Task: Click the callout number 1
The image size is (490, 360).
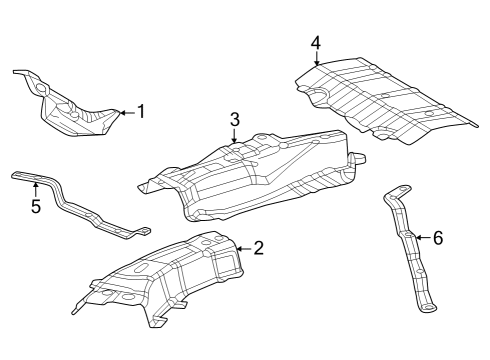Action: [x=142, y=111]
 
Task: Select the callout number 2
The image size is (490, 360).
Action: [x=259, y=248]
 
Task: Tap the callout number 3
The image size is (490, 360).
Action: [x=235, y=119]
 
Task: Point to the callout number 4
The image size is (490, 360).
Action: [x=316, y=43]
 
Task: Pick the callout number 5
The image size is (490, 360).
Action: [x=36, y=206]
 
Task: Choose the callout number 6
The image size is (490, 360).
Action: [x=438, y=238]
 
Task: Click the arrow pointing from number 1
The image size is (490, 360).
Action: [x=127, y=113]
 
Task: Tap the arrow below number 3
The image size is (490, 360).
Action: [x=235, y=136]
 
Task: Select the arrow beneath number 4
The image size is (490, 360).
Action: [x=316, y=59]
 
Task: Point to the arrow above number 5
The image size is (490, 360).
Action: [x=36, y=189]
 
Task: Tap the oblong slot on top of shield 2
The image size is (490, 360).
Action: [x=142, y=267]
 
